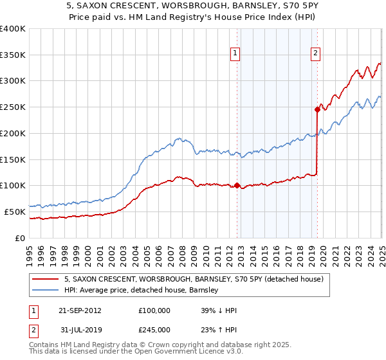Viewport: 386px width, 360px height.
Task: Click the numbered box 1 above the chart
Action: coord(236,54)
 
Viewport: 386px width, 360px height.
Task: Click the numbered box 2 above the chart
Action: coord(317,54)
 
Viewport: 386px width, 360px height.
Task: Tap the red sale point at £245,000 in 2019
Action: coord(317,109)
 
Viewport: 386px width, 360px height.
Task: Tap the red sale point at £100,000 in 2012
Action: coord(237,185)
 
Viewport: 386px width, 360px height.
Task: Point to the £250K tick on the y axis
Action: coord(13,107)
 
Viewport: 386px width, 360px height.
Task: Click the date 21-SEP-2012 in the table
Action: coord(80,310)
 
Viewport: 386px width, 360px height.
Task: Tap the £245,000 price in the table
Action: coord(154,329)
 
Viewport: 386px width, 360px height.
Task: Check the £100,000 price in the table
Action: coord(154,310)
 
